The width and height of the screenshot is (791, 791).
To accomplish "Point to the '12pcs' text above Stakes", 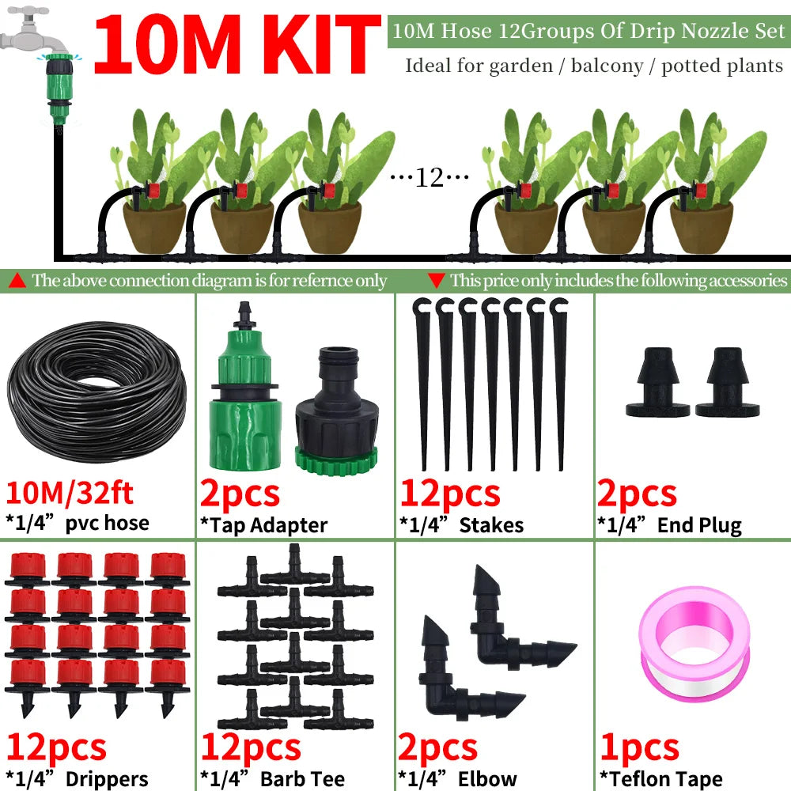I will [449, 494].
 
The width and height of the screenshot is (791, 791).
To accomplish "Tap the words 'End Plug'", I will [699, 524].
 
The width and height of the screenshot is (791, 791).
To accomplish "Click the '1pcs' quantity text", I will [638, 747].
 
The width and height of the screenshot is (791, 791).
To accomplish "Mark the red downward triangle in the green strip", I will [436, 280].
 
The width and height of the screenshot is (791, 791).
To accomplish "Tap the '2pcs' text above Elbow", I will [437, 747].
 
